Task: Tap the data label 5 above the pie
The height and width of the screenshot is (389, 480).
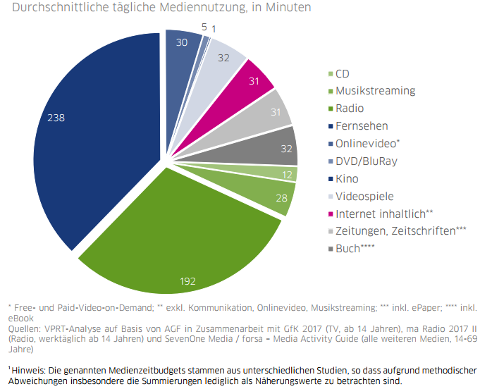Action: point(203,27)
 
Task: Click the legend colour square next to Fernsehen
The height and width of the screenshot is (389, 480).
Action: point(331,126)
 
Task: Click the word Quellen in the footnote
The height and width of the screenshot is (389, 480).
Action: point(24,328)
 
